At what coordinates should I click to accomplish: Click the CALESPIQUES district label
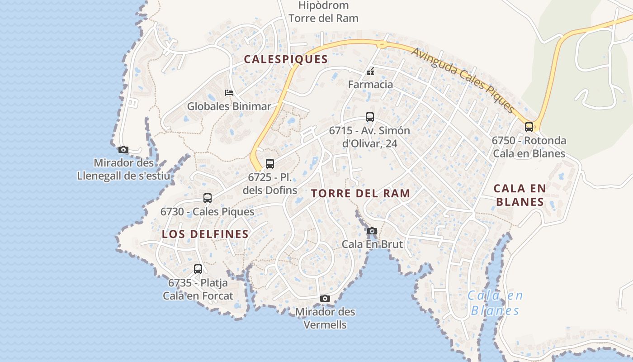pyautogui.click(x=286, y=59)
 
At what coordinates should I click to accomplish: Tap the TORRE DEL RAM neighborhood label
pyautogui.click(x=360, y=194)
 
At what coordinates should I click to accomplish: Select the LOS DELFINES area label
pyautogui.click(x=205, y=234)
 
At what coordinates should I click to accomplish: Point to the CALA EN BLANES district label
pyautogui.click(x=520, y=195)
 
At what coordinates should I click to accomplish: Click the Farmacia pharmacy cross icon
pyautogui.click(x=370, y=71)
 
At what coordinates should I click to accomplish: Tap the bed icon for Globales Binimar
pyautogui.click(x=229, y=93)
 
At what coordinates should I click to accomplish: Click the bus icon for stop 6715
pyautogui.click(x=369, y=117)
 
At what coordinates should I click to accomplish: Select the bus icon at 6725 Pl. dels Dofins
pyautogui.click(x=270, y=164)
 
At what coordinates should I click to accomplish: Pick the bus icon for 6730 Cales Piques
pyautogui.click(x=208, y=198)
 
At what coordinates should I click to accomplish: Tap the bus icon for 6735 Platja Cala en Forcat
pyautogui.click(x=198, y=269)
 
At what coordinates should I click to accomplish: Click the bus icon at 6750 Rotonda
pyautogui.click(x=529, y=127)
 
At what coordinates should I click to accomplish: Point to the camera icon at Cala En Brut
pyautogui.click(x=372, y=231)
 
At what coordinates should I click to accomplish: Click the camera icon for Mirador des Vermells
pyautogui.click(x=325, y=299)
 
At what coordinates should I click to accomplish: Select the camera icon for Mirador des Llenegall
pyautogui.click(x=123, y=150)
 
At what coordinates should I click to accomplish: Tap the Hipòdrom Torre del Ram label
pyautogui.click(x=323, y=12)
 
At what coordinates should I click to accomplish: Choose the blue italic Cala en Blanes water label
pyautogui.click(x=495, y=303)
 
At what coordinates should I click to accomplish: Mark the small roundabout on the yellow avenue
pyautogui.click(x=382, y=44)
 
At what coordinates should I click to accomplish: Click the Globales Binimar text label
pyautogui.click(x=229, y=106)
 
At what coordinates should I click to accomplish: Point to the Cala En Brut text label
pyautogui.click(x=372, y=244)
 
